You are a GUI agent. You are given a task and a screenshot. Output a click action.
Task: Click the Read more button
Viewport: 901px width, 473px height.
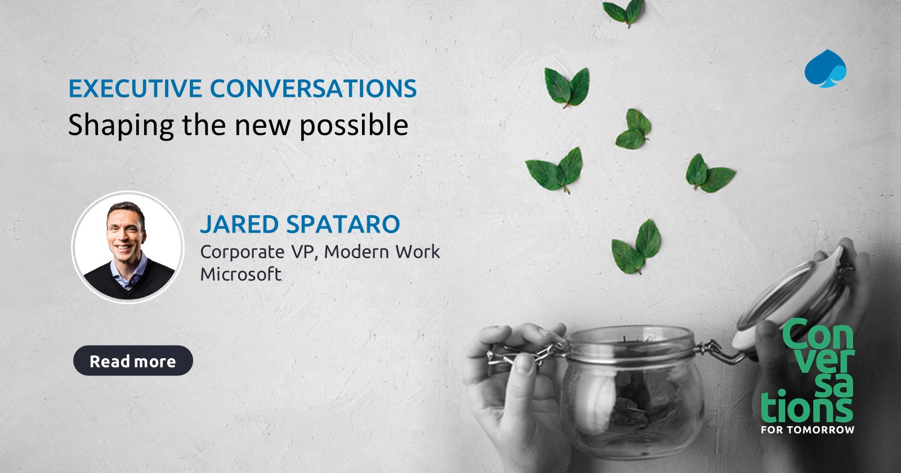133,361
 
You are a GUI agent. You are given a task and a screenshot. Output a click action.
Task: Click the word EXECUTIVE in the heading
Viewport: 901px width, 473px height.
135,88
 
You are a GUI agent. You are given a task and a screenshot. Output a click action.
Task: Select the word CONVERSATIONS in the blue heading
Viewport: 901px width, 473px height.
313,88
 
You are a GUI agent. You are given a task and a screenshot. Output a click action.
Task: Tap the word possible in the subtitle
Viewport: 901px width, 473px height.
354,125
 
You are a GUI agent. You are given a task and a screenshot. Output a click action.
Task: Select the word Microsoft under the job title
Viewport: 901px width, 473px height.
241,274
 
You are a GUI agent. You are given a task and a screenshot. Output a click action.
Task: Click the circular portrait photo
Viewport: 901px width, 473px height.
128,247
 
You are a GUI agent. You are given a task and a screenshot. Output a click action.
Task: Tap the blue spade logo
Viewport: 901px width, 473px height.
825,69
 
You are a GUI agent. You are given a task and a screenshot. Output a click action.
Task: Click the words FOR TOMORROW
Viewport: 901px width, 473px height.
807,430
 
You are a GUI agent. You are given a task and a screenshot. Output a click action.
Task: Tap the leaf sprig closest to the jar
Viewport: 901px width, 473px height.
636,248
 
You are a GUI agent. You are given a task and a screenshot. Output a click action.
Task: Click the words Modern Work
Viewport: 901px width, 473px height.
382,252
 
